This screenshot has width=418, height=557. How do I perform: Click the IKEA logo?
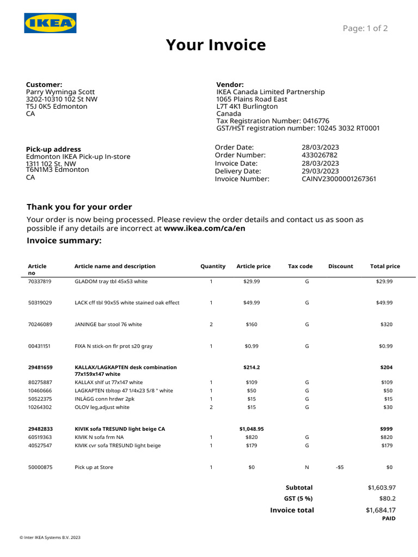pos(50,23)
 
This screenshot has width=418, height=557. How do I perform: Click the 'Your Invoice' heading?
pos(216,45)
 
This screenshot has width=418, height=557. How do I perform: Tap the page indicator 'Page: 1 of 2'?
pos(365,28)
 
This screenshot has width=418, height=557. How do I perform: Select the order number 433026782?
pos(319,155)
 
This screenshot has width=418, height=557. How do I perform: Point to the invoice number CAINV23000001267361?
pos(339,179)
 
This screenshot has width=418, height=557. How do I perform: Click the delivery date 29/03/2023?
pos(320,171)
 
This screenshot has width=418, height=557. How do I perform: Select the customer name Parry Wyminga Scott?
pos(60,92)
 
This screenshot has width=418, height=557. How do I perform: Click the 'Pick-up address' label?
pos(53,149)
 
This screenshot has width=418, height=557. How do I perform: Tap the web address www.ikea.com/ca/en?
pos(204,228)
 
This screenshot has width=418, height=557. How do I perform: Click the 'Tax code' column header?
pos(300,267)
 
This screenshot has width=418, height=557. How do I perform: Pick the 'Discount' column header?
pos(340,267)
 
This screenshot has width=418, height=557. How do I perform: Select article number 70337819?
pos(40,282)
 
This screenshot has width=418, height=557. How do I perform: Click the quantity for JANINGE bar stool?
pos(211,324)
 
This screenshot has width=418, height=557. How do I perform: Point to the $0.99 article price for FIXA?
pos(251,346)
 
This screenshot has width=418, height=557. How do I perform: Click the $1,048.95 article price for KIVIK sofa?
pos(251,429)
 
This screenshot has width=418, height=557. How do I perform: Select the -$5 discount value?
pos(340,467)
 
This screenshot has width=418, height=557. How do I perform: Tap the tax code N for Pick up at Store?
pos(307,467)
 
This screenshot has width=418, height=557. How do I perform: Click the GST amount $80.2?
pos(387,498)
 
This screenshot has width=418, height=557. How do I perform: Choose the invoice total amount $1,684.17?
pos(380,510)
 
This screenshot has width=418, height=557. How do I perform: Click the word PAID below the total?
pos(389,519)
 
